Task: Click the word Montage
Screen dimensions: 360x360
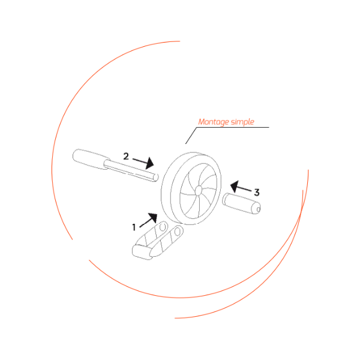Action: pos(214,122)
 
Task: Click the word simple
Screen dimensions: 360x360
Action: pos(242,122)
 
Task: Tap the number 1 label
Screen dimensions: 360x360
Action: pos(134,227)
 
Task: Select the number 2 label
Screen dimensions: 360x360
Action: pos(126,157)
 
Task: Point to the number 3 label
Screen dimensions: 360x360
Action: pos(257,193)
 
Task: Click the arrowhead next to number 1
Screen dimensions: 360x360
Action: pos(153,217)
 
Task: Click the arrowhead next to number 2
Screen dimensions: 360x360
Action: pos(149,163)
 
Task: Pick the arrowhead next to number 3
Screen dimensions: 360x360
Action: pos(235,186)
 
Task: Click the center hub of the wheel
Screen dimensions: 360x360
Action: pos(199,190)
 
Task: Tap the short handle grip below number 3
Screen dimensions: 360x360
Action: pos(241,203)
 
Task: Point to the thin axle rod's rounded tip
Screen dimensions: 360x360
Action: pos(156,177)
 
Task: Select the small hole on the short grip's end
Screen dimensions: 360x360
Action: pos(258,209)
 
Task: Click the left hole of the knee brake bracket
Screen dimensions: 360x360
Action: pos(163,227)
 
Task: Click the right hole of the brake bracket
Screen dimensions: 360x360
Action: pos(177,232)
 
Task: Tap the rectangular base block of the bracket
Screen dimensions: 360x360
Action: pos(142,252)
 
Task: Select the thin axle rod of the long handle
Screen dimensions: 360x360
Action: pos(131,170)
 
